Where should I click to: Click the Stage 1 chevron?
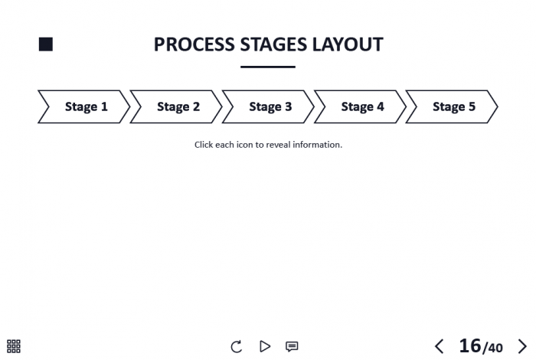coord(84,106)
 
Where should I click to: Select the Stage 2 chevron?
coord(176,106)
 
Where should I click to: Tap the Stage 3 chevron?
coord(268,106)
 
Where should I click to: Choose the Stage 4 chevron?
coord(361,106)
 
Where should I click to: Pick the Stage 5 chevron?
coord(452,106)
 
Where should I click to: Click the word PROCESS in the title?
coord(194,44)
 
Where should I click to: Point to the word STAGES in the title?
coord(273,44)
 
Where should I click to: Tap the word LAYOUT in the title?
coord(348,44)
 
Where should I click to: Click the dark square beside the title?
coord(46,44)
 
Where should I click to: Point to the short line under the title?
coord(268,67)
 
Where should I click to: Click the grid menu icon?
coord(14,346)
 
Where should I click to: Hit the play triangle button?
coord(265,346)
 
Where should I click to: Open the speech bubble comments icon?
coord(292,347)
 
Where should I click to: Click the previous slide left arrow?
coord(440,346)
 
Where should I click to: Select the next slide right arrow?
coord(522,346)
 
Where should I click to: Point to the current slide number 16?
coord(470,345)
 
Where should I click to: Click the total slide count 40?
coord(495,349)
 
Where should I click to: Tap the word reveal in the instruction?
coord(278,145)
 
